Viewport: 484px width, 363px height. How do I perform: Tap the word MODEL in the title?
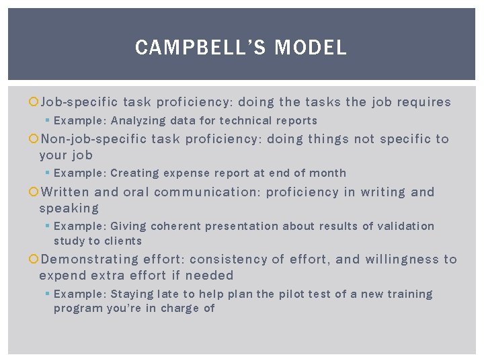coord(311,48)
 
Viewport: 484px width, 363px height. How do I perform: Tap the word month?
coord(327,173)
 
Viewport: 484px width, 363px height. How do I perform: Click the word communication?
coord(206,192)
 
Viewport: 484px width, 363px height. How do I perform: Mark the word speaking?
coord(69,208)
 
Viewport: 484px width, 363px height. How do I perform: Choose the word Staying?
coord(132,294)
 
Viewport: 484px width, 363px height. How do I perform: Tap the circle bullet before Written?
coord(35,192)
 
